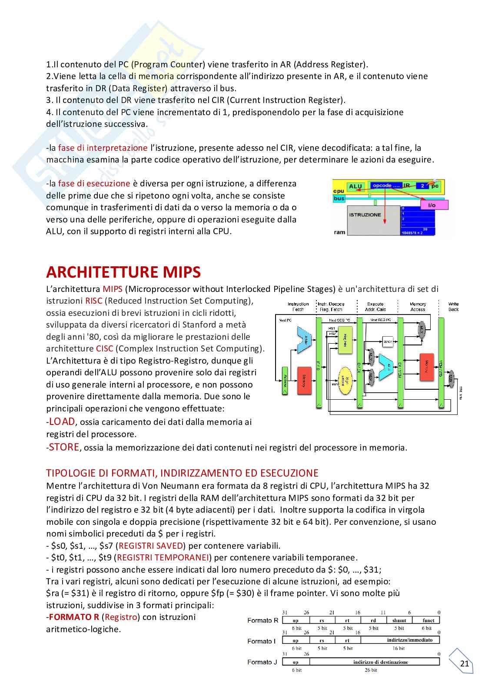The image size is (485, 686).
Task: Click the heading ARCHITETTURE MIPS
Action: (123, 272)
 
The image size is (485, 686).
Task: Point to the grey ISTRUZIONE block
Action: (365, 215)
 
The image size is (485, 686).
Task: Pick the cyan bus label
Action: (339, 199)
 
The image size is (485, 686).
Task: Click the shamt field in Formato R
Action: (399, 620)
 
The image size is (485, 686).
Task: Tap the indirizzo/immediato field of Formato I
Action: (400, 640)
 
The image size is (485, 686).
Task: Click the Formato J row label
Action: (262, 662)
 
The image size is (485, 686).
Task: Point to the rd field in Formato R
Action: (373, 620)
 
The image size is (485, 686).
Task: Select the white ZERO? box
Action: (388, 342)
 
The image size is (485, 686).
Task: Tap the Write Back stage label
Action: (454, 307)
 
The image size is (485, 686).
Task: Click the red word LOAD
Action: (62, 421)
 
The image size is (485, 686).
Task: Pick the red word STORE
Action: (64, 447)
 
